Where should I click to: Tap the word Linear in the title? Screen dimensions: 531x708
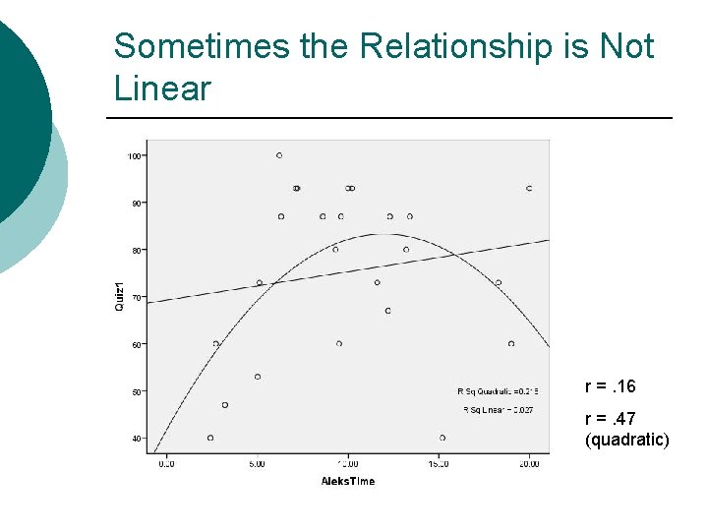coord(162,88)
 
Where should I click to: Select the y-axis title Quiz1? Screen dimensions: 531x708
coord(119,297)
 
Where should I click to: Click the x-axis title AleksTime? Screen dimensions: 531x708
coord(347,481)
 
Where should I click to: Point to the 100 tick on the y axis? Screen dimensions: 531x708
coord(135,155)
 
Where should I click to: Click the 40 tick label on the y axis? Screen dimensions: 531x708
coord(137,439)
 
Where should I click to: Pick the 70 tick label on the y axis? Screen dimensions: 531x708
coord(137,297)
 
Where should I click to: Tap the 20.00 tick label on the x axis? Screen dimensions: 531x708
coord(528,464)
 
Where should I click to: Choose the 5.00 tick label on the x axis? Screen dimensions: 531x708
coord(256,464)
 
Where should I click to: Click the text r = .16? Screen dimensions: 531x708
coord(610,386)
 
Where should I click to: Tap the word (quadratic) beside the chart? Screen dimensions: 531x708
coord(626,440)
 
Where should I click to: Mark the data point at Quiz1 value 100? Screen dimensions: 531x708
coord(279,155)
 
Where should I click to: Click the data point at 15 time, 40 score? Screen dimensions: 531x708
coord(442,438)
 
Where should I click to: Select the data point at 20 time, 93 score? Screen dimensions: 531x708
coord(529,188)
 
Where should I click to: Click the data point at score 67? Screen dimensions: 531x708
coord(387,311)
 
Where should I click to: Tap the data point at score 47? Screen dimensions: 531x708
coord(225,405)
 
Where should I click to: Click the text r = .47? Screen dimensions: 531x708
coord(610,420)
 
